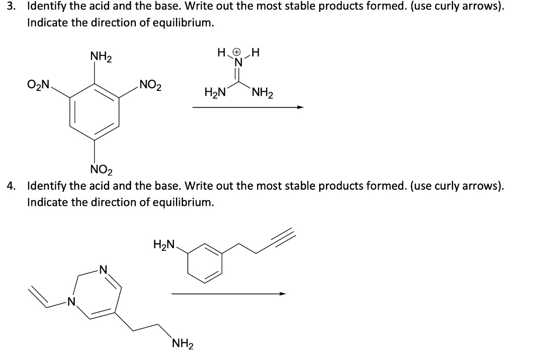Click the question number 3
(8, 8)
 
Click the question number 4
(9, 187)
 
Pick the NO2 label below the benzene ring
(100, 170)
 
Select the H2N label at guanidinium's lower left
(215, 94)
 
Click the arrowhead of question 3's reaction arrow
(300, 108)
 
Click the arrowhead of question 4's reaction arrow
(283, 294)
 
